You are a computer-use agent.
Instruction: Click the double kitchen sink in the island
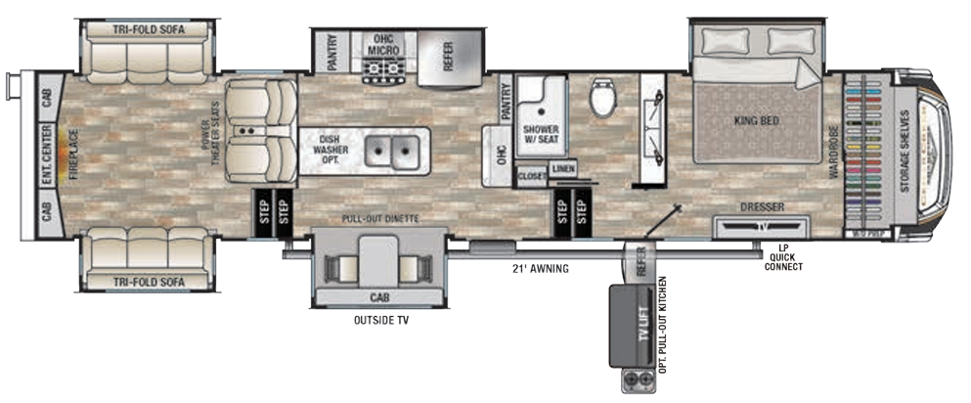click(x=394, y=152)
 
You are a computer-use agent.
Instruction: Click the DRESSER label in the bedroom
click(x=764, y=206)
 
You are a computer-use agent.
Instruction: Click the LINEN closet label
click(x=562, y=168)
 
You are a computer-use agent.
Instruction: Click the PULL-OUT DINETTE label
click(x=379, y=219)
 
